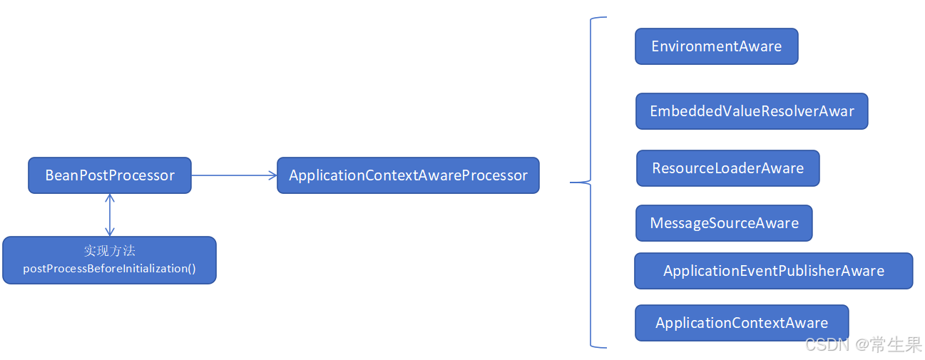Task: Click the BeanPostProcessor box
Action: coord(110,175)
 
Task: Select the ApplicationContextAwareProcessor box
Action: coord(408,175)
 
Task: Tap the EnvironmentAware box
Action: coord(716,46)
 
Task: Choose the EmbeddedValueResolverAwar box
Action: coord(752,111)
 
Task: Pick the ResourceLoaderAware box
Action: coord(727,168)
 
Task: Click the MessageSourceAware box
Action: coord(724,223)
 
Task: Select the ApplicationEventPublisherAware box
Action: coord(773,271)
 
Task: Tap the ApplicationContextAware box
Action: coord(742,323)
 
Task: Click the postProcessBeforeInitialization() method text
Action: coord(109,269)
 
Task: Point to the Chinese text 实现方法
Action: coord(109,251)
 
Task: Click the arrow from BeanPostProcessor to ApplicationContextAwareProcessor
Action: coord(234,175)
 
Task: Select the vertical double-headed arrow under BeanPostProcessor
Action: coord(109,215)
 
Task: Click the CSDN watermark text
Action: coord(827,345)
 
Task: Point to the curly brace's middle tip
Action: coord(572,182)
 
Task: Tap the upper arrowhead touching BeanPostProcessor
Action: coord(109,197)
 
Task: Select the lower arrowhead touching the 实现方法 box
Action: coord(109,232)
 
